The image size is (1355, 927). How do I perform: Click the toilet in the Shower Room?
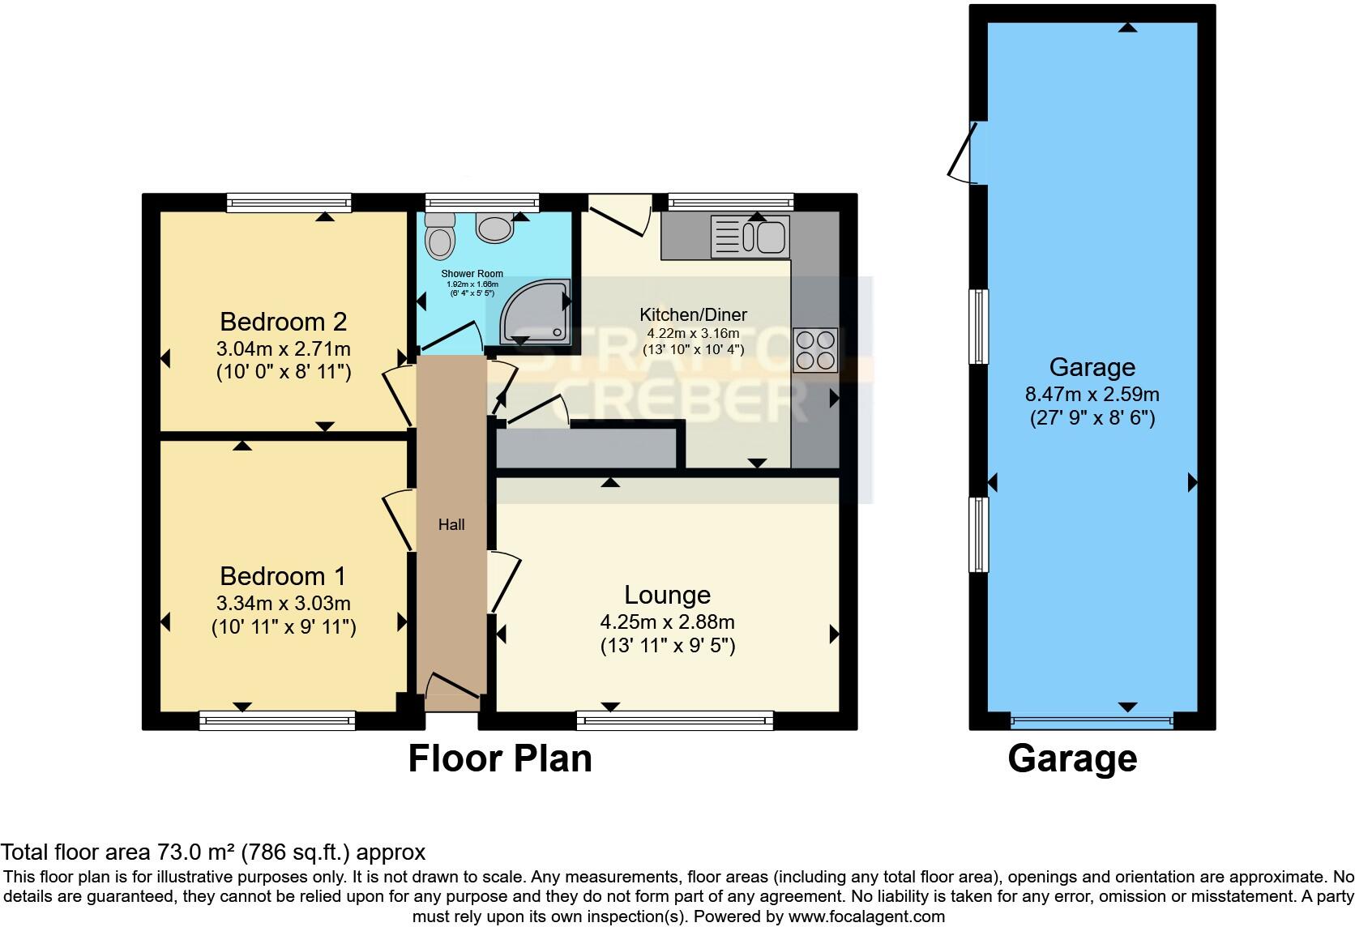(440, 236)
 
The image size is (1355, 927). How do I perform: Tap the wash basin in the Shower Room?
(494, 228)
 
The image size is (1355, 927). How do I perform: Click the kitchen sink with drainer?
(750, 237)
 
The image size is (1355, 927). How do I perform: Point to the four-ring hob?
(814, 349)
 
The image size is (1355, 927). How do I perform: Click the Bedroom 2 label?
(284, 322)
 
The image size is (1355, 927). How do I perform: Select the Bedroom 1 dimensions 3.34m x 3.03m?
(284, 604)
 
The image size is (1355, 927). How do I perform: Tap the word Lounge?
(667, 595)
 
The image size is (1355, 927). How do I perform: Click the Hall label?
(451, 524)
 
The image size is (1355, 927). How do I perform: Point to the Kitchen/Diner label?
(693, 314)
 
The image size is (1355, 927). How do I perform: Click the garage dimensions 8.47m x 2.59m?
(1092, 395)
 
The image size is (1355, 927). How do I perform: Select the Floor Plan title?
(500, 758)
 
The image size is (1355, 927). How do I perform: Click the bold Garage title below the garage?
(1072, 758)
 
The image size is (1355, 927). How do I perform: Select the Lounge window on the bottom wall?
(675, 720)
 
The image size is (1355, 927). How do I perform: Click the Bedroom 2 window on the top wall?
(289, 202)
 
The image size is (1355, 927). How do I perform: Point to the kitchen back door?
(620, 212)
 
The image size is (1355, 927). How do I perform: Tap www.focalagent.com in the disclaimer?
(866, 916)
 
